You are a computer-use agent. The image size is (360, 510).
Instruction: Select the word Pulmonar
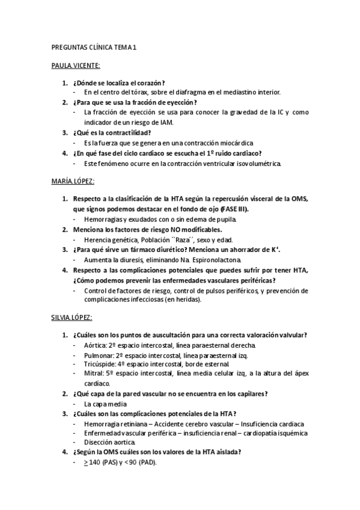(x=99, y=355)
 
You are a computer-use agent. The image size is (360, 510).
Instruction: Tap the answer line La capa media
(x=105, y=404)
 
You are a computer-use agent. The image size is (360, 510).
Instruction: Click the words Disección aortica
(x=110, y=443)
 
